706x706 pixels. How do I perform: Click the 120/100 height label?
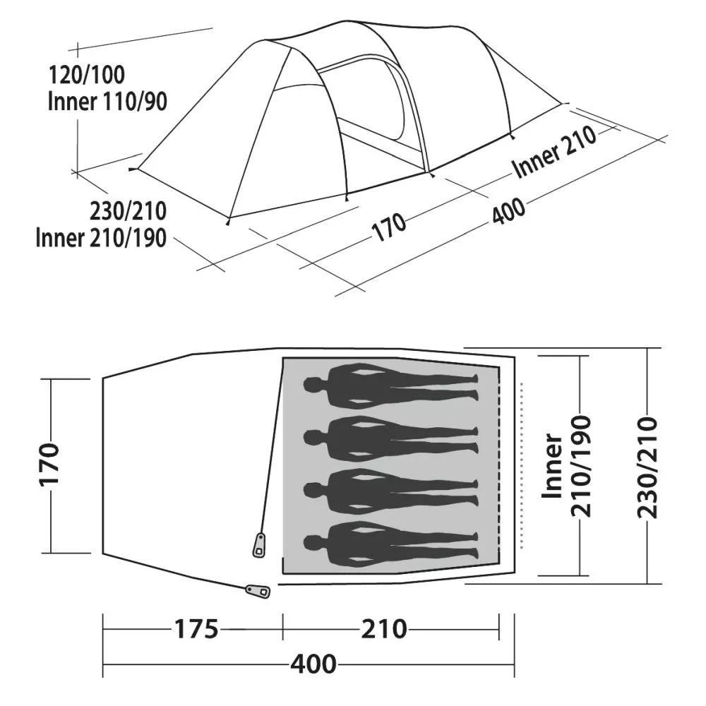click(86, 75)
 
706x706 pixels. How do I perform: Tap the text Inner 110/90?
click(107, 102)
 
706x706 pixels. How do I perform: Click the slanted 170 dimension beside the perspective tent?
click(388, 227)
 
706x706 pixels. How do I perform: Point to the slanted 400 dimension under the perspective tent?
click(508, 210)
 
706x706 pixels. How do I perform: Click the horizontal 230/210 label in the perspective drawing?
click(128, 211)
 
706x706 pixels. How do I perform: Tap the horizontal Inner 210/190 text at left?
click(101, 238)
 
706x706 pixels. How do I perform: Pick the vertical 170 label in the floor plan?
click(49, 465)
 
